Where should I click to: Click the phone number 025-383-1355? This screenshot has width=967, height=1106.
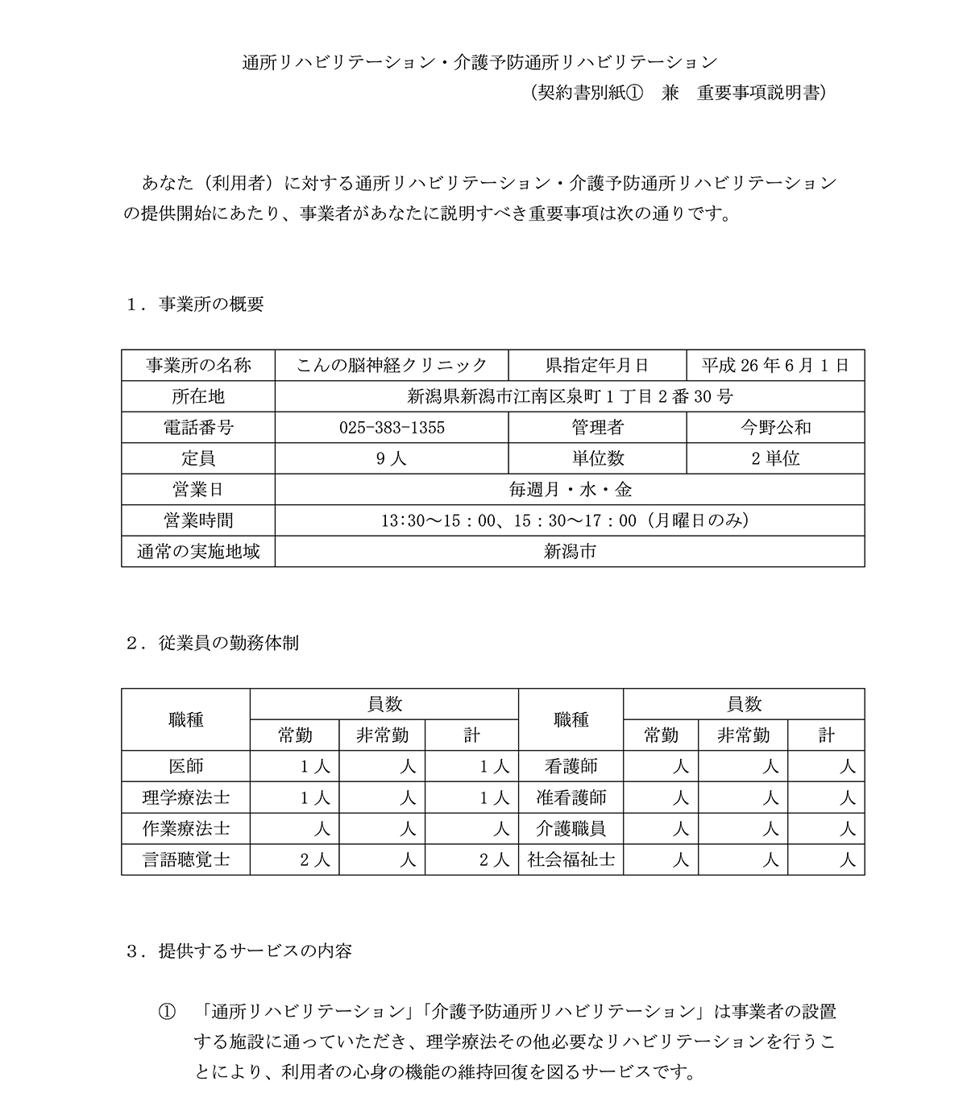(x=392, y=428)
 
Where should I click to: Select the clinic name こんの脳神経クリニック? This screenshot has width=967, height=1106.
(x=392, y=366)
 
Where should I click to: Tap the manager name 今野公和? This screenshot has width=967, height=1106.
(x=775, y=428)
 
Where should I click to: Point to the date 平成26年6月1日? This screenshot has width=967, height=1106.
(x=775, y=366)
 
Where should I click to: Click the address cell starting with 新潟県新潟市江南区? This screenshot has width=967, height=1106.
(x=570, y=396)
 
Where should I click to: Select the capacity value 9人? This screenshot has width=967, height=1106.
(x=392, y=458)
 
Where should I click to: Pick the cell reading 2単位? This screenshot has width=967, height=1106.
(x=775, y=458)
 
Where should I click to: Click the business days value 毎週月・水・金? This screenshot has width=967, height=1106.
(x=570, y=490)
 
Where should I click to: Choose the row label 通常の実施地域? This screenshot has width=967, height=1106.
(x=198, y=552)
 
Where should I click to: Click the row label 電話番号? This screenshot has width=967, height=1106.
(x=198, y=428)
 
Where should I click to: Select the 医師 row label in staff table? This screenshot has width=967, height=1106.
(x=185, y=766)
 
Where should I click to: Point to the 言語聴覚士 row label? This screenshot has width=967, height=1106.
(x=185, y=860)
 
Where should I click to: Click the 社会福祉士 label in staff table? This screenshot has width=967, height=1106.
(x=571, y=860)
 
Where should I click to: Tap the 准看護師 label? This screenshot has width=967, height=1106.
(x=571, y=797)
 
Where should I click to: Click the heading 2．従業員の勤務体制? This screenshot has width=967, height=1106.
(x=213, y=644)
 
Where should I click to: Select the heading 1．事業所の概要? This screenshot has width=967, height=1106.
(x=196, y=304)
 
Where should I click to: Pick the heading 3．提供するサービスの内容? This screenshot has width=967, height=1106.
(x=239, y=951)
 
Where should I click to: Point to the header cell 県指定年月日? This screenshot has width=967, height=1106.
(x=597, y=366)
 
